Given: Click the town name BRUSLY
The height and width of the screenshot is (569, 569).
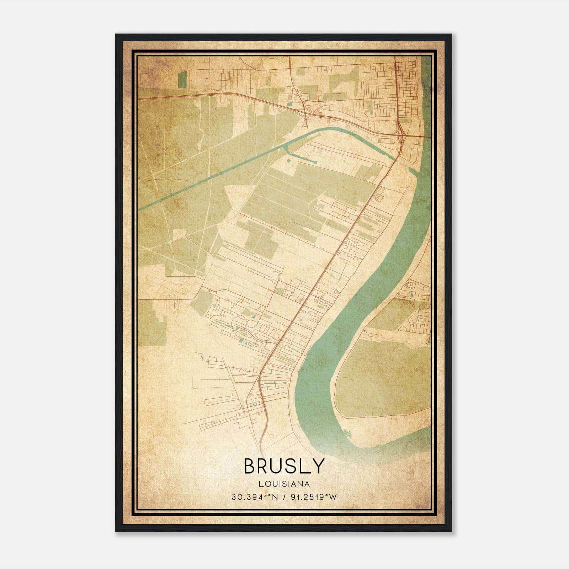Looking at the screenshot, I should pos(284,466).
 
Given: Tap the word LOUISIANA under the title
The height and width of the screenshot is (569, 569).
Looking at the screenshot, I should pos(284,484).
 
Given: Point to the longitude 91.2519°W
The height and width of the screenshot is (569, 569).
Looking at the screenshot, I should pos(313,497).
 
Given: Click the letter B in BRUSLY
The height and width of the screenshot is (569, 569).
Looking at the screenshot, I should pos(250,466).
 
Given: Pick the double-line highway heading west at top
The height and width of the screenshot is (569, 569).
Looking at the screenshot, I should pos(213,93).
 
